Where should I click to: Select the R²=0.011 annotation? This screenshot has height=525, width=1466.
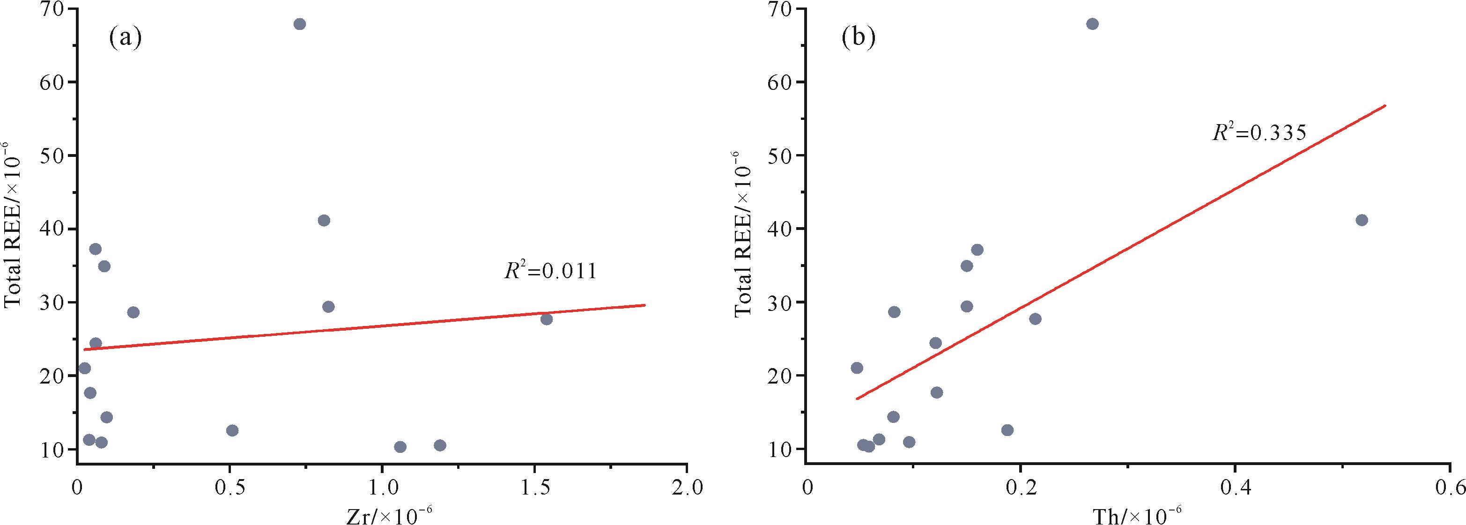pos(550,271)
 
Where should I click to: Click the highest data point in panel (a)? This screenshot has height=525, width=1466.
pos(300,24)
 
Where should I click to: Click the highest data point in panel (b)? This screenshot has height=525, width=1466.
pos(1092,24)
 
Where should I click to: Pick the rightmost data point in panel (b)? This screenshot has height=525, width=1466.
pos(1362,220)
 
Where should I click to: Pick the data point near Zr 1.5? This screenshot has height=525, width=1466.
pos(546,319)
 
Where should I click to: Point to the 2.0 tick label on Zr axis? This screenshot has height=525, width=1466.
pos(688,488)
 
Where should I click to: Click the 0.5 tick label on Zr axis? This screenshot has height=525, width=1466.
pos(230,488)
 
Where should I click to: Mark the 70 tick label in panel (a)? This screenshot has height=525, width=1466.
pos(53,10)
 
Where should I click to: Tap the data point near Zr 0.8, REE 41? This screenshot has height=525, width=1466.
pos(324,221)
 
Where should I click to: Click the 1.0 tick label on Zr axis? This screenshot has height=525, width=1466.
pos(382,488)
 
